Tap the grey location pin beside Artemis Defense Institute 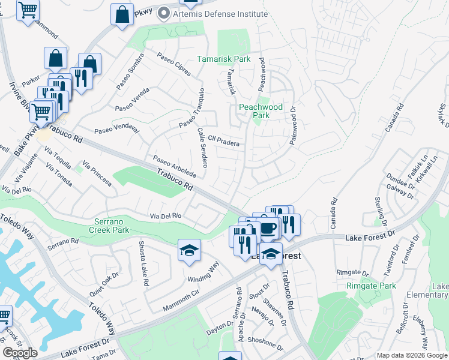click(x=162, y=13)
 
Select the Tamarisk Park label click(x=224, y=59)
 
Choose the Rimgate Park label click(x=371, y=286)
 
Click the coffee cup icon click(x=268, y=227)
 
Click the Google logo click(x=19, y=353)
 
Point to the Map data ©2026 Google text click(x=412, y=355)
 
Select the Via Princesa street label click(x=97, y=173)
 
